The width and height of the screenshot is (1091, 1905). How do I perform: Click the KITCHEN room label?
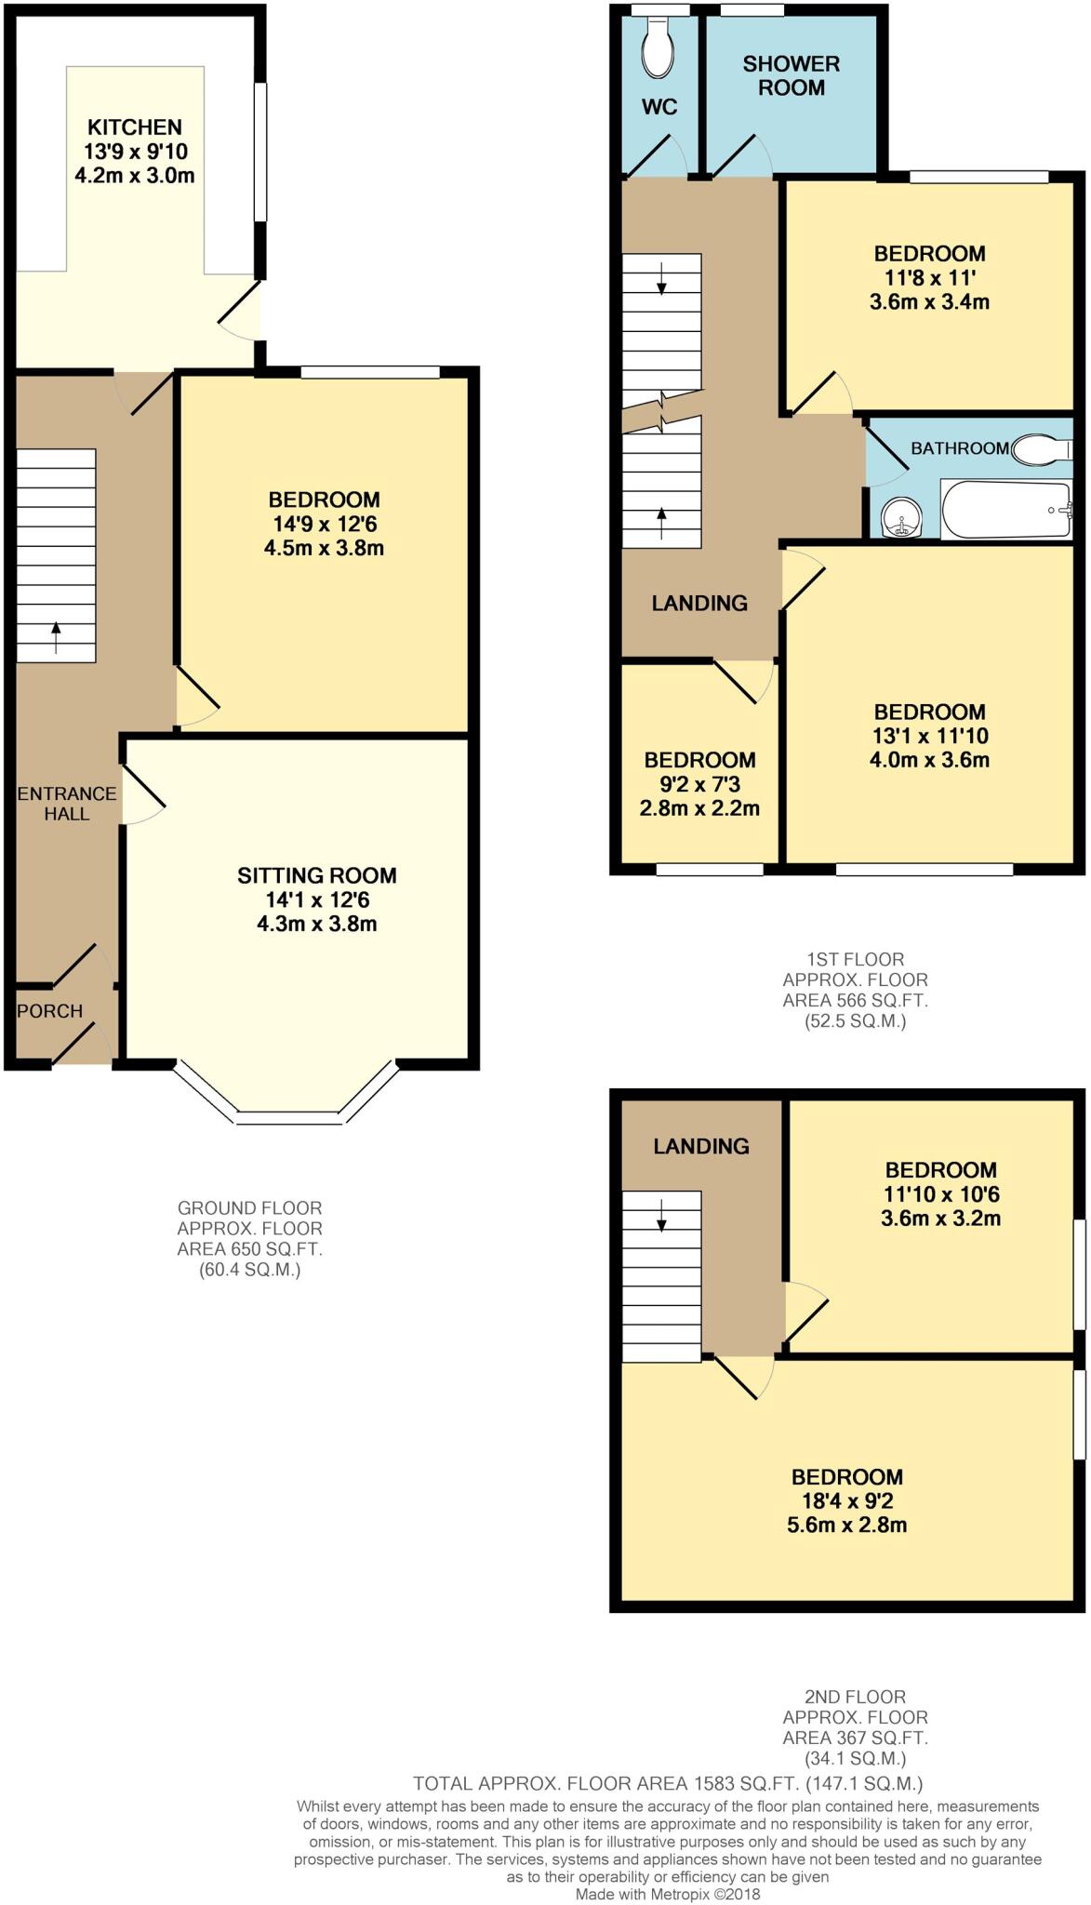pyautogui.click(x=135, y=127)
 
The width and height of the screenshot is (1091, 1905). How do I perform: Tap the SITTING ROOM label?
pyautogui.click(x=317, y=875)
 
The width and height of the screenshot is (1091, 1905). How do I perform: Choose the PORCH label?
pyautogui.click(x=50, y=1011)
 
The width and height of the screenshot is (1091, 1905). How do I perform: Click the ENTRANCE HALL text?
pyautogui.click(x=67, y=804)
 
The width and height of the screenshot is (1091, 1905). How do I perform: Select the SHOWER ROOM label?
pyautogui.click(x=792, y=75)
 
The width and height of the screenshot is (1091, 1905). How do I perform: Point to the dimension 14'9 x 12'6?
pyautogui.click(x=324, y=524)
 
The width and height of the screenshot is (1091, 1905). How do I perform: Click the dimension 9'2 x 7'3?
pyautogui.click(x=700, y=784)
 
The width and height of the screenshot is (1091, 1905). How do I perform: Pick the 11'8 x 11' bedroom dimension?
pyautogui.click(x=930, y=277)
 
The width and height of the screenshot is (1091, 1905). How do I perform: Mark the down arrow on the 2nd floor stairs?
pyautogui.click(x=661, y=1216)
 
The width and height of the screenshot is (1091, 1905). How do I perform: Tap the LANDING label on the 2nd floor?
pyautogui.click(x=701, y=1146)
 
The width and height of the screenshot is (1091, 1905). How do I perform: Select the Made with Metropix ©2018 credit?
pyautogui.click(x=668, y=1895)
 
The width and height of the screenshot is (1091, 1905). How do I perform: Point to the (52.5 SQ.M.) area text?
pyautogui.click(x=855, y=1020)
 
